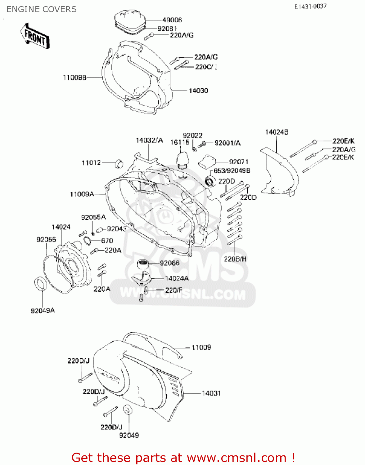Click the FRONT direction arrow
coord(35,36)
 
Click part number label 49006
coord(172,20)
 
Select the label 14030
coord(198,91)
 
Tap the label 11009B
coord(74,77)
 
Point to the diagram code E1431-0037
coord(310,7)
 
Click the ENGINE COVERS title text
coord(42,9)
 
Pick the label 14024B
coord(277,132)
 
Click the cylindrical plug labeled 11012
coord(119,163)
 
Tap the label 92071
coord(239,162)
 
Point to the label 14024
coord(61,227)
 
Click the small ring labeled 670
coord(88,241)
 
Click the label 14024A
coord(177,278)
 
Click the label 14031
coord(211,393)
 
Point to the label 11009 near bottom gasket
coord(201,348)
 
